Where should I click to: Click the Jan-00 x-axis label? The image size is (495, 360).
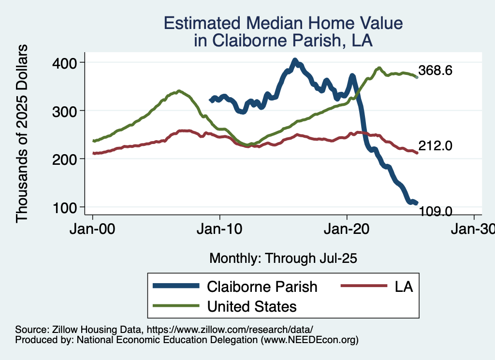pyautogui.click(x=93, y=228)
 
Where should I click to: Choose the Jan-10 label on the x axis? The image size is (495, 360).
pyautogui.click(x=220, y=228)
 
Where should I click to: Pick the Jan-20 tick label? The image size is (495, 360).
pyautogui.click(x=347, y=228)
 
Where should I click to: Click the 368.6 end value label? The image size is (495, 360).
pyautogui.click(x=436, y=71)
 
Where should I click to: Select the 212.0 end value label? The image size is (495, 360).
pyautogui.click(x=436, y=145)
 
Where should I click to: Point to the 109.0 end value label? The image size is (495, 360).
pyautogui.click(x=436, y=211)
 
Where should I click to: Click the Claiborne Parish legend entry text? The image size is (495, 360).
pyautogui.click(x=262, y=287)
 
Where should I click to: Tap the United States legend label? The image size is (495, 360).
pyautogui.click(x=252, y=306)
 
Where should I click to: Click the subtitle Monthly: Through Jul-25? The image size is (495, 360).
pyautogui.click(x=283, y=259)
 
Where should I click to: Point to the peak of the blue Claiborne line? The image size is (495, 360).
pyautogui.click(x=295, y=60)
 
